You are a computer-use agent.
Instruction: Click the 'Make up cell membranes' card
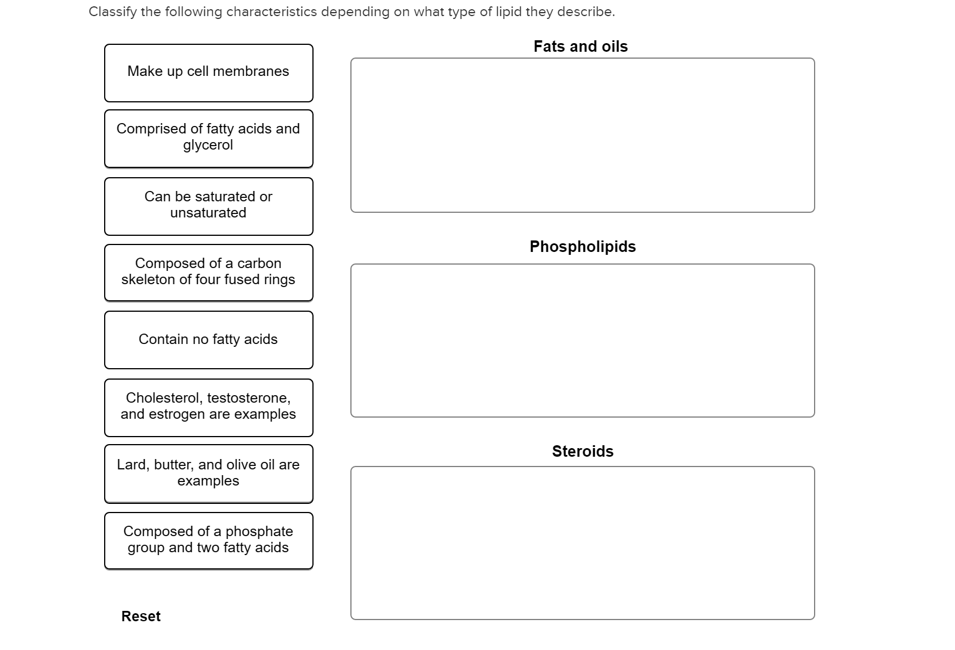coord(208,73)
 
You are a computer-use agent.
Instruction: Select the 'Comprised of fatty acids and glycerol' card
coord(208,139)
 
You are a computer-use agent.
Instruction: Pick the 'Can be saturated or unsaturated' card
coord(208,207)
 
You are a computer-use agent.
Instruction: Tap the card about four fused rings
coord(208,273)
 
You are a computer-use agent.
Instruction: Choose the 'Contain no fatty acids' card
coord(208,340)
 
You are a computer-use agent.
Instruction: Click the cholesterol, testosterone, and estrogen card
coord(208,407)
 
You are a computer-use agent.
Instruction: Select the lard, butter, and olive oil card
coord(208,473)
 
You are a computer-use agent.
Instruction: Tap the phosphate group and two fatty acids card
coord(208,541)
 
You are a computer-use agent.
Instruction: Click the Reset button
coord(141,616)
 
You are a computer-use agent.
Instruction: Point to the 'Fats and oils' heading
coord(580,47)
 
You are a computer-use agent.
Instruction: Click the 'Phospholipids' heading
coord(583,247)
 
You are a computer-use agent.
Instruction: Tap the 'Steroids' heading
coord(583,451)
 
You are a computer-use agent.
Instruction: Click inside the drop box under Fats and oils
coord(582,135)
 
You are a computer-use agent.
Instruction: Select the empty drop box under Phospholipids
coord(582,341)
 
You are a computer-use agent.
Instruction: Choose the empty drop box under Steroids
coord(582,543)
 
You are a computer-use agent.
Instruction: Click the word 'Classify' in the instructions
coord(113,12)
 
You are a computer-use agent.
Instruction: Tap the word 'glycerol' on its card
coord(208,146)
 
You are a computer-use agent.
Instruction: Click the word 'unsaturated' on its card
coord(208,212)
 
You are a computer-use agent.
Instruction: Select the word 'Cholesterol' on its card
coord(163,398)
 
